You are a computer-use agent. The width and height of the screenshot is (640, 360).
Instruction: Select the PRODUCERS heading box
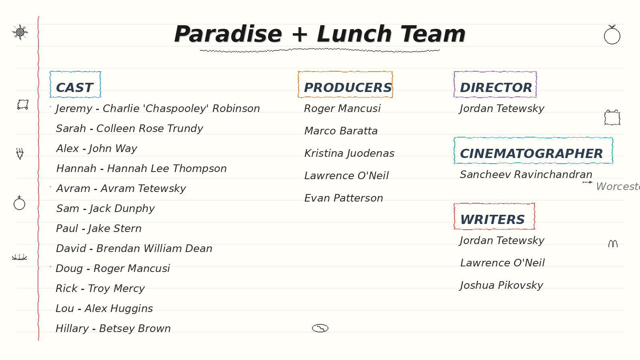tap(345, 84)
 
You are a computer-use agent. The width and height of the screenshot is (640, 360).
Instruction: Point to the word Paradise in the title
tap(228, 34)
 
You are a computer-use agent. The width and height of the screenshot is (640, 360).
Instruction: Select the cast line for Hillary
tap(113, 328)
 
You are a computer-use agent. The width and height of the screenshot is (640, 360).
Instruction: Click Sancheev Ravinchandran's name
tap(526, 174)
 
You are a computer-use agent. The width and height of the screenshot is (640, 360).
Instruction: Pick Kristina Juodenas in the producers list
tap(349, 154)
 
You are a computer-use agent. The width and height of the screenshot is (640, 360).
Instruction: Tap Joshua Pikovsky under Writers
tap(502, 286)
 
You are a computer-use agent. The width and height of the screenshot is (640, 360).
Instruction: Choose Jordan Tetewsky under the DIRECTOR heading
tap(502, 108)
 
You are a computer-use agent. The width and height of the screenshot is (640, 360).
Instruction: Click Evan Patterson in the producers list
tap(344, 198)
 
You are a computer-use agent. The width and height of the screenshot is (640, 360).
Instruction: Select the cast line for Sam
tap(105, 208)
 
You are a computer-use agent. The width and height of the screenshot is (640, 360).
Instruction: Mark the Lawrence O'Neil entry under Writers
tap(502, 263)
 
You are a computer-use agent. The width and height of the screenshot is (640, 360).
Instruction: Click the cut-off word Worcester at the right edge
tap(618, 186)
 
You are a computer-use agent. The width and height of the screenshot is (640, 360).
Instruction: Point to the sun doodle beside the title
tap(20, 32)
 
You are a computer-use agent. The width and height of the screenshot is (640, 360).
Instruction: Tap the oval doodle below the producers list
tap(320, 328)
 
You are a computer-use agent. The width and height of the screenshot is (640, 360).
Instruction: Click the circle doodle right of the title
tap(612, 36)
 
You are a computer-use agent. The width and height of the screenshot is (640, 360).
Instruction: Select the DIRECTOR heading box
tap(495, 84)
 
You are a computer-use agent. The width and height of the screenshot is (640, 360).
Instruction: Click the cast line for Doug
tap(112, 268)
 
